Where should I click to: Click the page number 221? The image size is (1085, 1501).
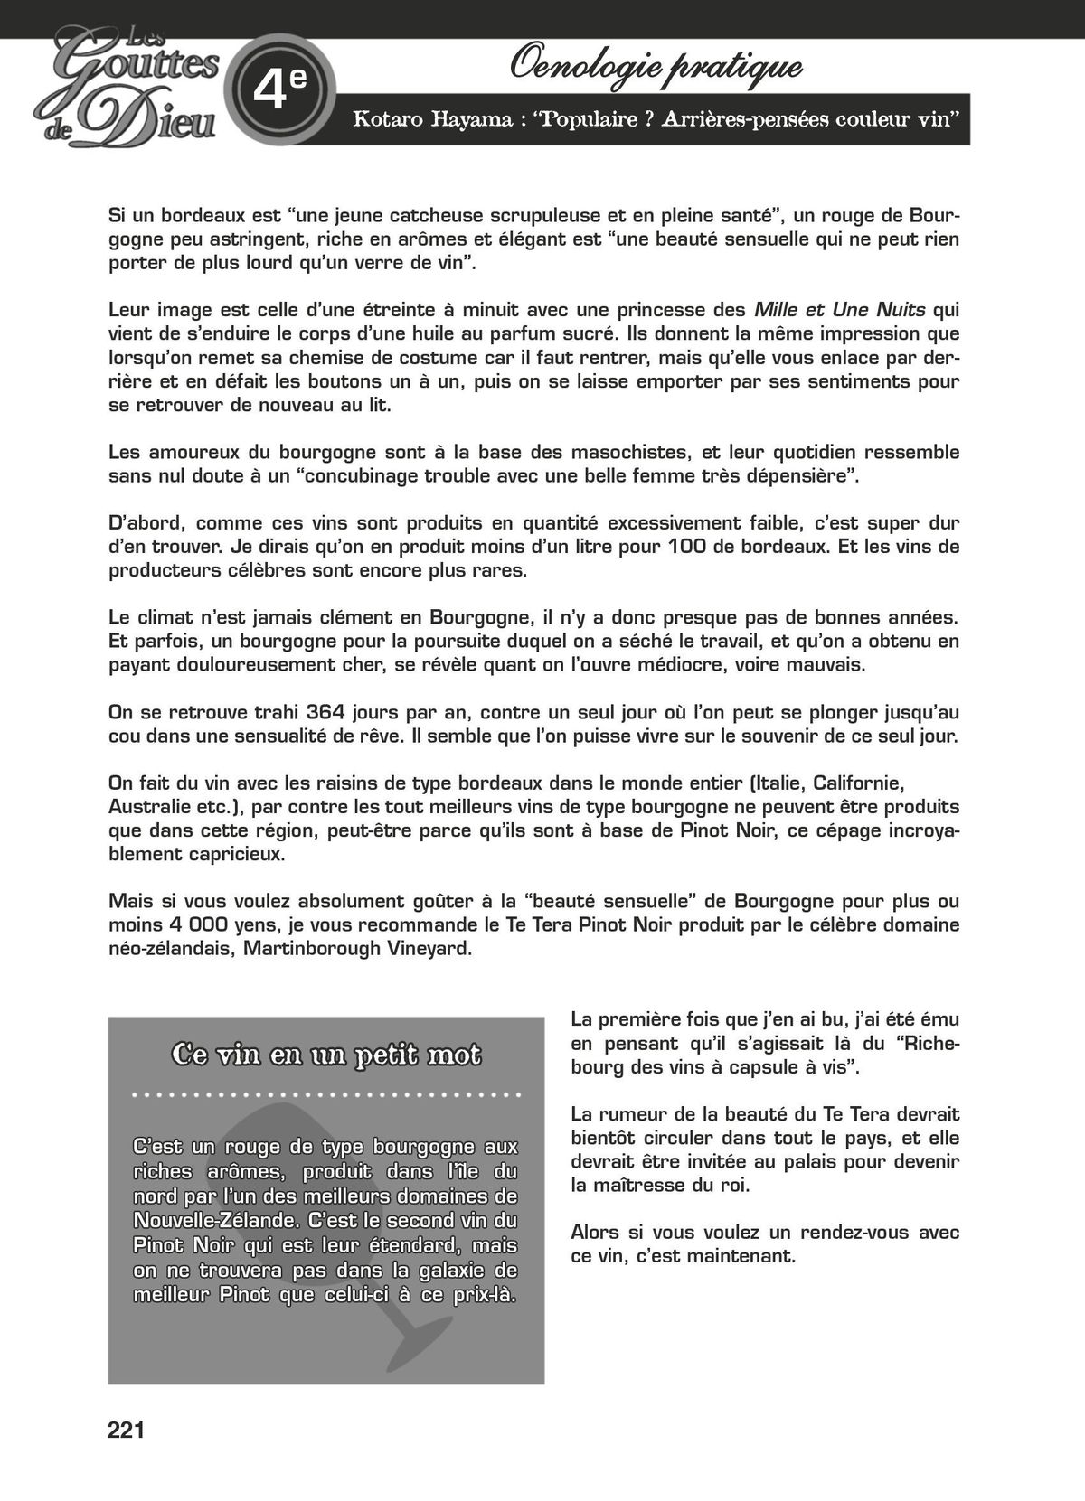pyautogui.click(x=126, y=1430)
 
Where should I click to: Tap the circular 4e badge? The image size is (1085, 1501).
pyautogui.click(x=279, y=89)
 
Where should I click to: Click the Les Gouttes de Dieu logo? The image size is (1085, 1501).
pyautogui.click(x=132, y=87)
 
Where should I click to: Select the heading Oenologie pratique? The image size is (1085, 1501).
pyautogui.click(x=656, y=65)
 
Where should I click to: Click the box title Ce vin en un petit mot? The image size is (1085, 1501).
pyautogui.click(x=325, y=1055)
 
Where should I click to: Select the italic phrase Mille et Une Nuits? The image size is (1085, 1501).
pyautogui.click(x=839, y=310)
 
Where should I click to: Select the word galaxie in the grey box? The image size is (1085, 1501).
pyautogui.click(x=453, y=1271)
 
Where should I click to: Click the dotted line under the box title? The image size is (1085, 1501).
pyautogui.click(x=325, y=1094)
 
